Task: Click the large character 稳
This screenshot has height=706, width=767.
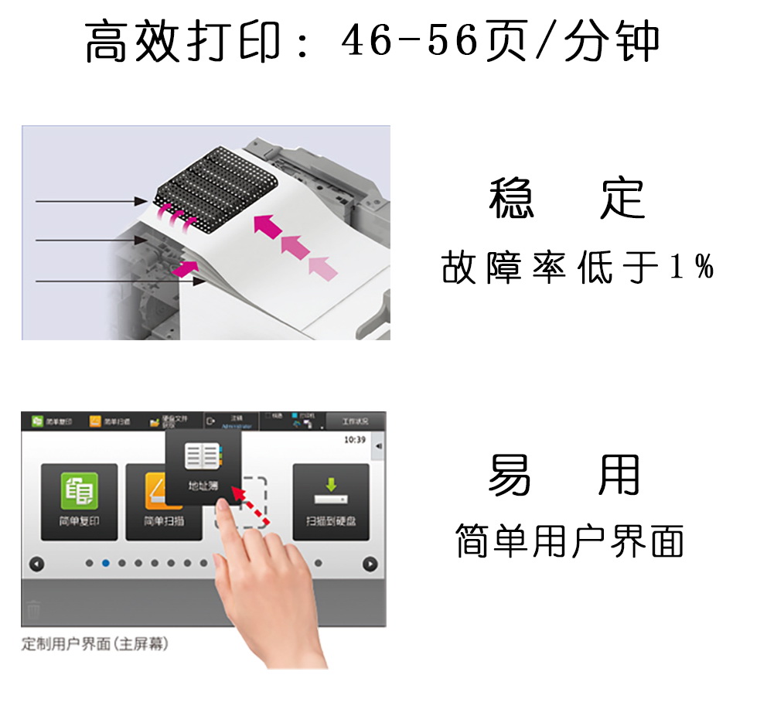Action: point(512,199)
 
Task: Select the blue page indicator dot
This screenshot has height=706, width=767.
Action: point(105,563)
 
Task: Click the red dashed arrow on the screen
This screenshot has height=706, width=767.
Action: point(252,507)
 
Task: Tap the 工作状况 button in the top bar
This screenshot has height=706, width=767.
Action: point(355,421)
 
